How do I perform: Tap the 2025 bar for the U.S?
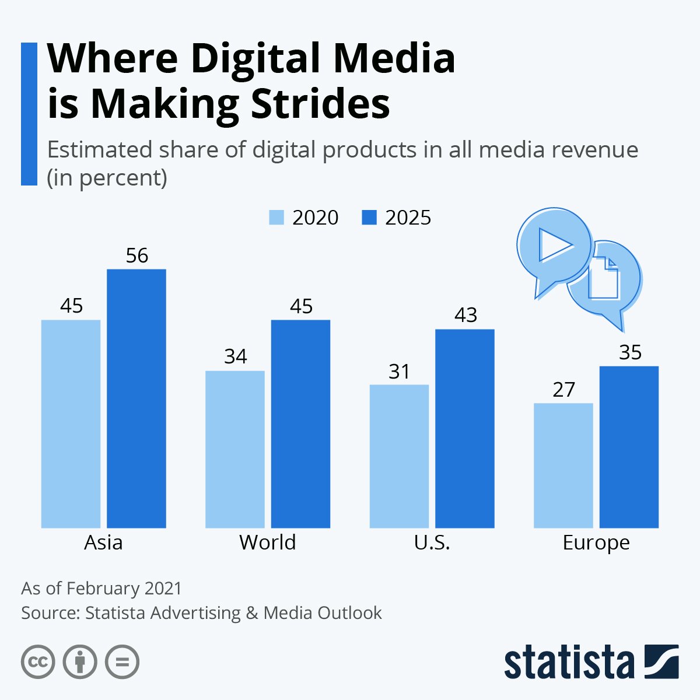tap(465, 429)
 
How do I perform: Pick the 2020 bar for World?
tap(235, 449)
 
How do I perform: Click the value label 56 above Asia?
tap(137, 256)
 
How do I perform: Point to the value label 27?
tap(563, 389)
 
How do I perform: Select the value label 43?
tap(466, 315)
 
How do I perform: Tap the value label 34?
tap(235, 356)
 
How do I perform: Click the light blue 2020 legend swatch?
tap(276, 218)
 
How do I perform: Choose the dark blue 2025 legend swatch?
tap(369, 218)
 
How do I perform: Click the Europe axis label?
tap(596, 543)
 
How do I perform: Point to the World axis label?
tap(267, 542)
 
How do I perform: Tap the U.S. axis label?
tap(432, 542)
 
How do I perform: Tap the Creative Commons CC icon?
tap(38, 662)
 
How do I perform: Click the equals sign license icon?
tap(123, 662)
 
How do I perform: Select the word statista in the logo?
tap(569, 663)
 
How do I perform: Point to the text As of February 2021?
tap(101, 588)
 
